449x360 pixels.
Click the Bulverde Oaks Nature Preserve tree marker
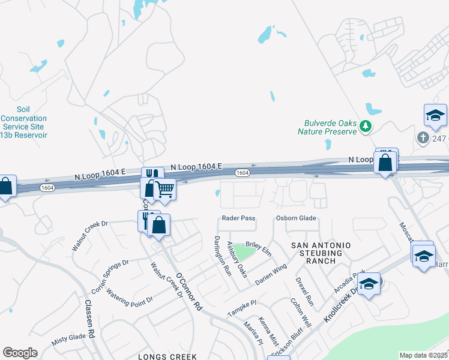366,126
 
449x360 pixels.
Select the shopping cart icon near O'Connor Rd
164,190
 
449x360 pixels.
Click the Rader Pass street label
239,218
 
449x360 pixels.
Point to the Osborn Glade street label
295,218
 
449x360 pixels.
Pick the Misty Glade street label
69,338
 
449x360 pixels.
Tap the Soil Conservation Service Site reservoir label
23,122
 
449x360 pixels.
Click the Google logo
20,353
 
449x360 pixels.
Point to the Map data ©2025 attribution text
423,355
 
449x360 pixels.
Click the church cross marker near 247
423,138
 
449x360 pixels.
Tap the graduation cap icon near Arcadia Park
369,283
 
